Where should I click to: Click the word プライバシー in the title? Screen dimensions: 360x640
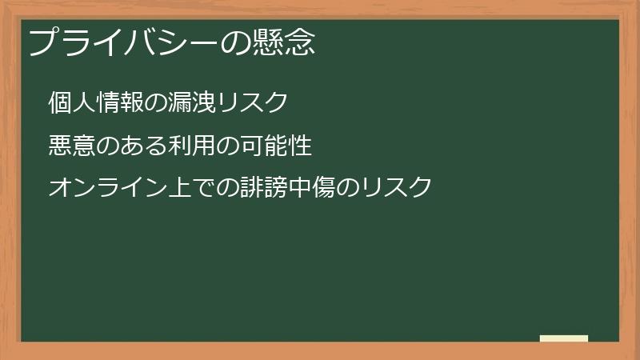click(x=124, y=42)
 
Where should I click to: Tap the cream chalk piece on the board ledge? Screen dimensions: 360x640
click(x=563, y=338)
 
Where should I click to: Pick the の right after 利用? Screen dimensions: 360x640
click(x=228, y=146)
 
